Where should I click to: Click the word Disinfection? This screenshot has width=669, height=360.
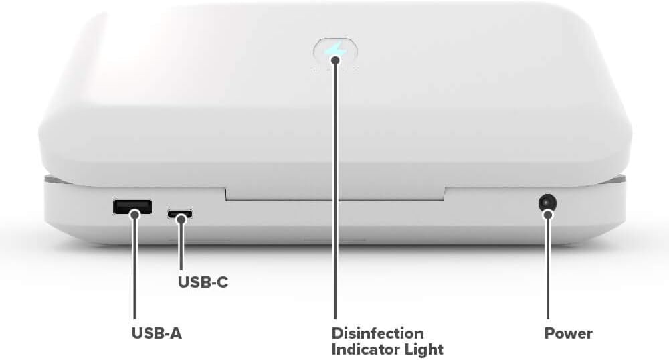pos(378,333)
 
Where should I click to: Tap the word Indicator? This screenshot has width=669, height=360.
pos(365,349)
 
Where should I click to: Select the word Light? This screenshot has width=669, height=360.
pos(425,349)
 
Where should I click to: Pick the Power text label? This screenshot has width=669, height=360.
pos(568,333)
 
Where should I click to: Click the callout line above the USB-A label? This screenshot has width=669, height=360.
pos(135,268)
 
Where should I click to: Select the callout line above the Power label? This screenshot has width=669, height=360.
pos(548,268)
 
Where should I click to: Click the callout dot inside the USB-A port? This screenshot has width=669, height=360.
pos(135,213)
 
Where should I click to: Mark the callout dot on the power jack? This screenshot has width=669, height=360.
pos(548,214)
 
